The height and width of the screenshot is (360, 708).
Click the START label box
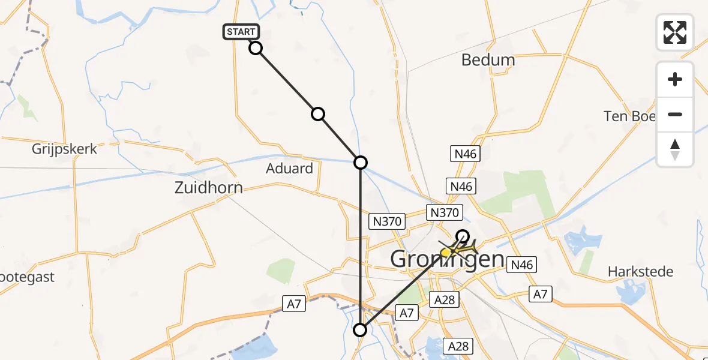tap(242, 32)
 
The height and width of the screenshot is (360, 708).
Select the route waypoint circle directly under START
tap(256, 48)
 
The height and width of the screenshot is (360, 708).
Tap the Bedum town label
tap(488, 60)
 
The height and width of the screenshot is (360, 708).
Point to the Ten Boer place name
tap(630, 116)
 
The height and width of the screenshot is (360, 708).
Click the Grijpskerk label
tap(65, 149)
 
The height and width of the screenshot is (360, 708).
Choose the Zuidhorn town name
tap(208, 188)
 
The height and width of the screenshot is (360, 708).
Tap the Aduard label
tap(290, 169)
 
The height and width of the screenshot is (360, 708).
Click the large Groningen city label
tap(447, 259)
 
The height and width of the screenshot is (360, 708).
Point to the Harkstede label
tap(640, 272)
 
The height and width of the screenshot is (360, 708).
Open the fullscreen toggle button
tap(675, 32)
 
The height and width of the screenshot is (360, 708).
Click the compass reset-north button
tap(675, 149)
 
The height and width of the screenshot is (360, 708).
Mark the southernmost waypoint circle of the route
tap(360, 330)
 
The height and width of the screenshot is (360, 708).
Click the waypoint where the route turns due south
tap(360, 162)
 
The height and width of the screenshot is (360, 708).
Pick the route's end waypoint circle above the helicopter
tap(463, 235)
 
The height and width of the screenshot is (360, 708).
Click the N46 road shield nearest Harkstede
tap(521, 264)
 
